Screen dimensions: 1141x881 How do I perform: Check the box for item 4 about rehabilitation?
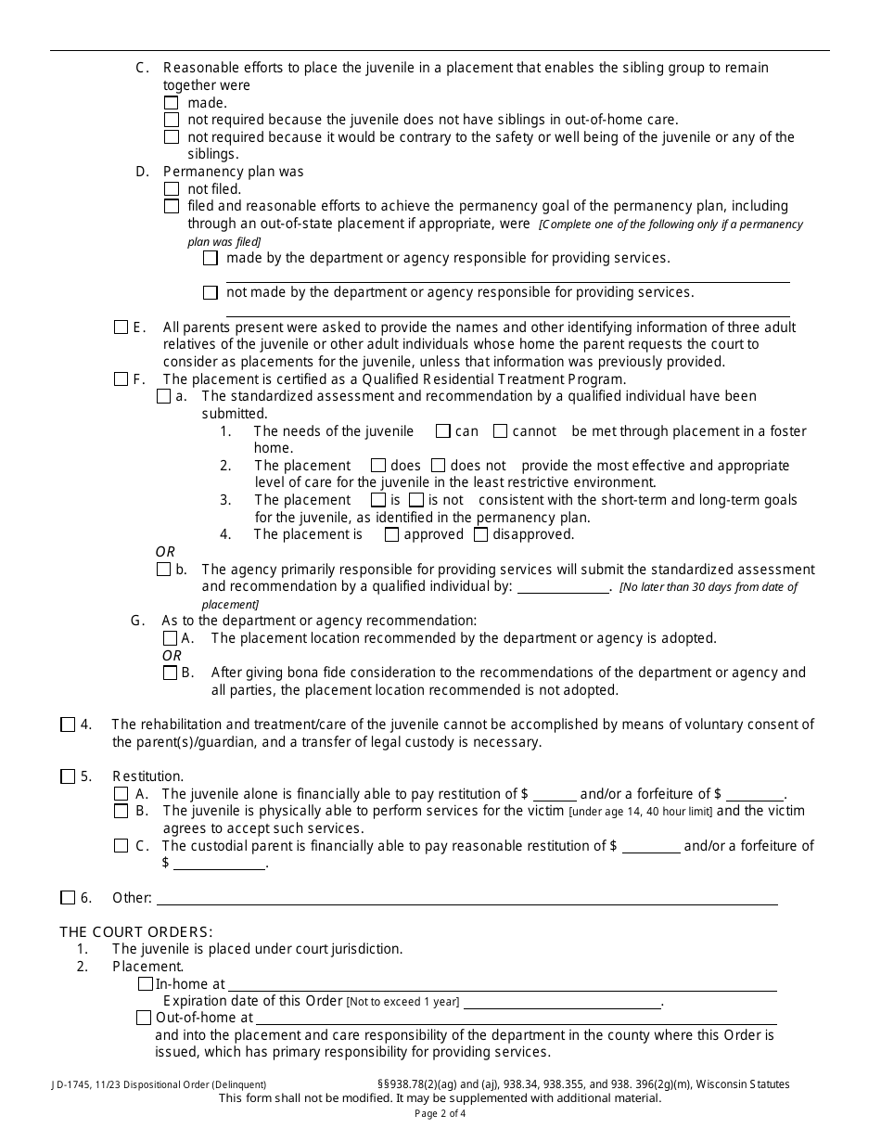tap(68, 725)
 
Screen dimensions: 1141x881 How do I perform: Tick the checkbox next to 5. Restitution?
tap(68, 776)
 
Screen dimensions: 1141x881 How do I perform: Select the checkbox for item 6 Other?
tap(68, 898)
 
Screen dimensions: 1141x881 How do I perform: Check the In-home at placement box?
tap(146, 984)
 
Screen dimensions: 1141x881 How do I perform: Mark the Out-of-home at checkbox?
tap(144, 1018)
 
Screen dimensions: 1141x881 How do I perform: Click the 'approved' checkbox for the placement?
tap(391, 534)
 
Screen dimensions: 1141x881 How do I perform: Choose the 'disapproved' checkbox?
tap(480, 534)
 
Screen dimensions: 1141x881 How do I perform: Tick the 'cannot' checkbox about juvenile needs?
tap(500, 431)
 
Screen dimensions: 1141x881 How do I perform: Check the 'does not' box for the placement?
tap(439, 466)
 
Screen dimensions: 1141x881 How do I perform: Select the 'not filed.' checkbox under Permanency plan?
tap(172, 189)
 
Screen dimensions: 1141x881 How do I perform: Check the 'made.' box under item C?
tap(172, 104)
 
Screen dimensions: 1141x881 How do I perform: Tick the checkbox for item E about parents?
tap(121, 327)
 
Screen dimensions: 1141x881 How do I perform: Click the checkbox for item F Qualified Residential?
tap(121, 379)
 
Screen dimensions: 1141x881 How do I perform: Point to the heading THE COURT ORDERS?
tap(136, 931)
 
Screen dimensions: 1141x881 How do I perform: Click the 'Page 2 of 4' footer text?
tap(440, 1114)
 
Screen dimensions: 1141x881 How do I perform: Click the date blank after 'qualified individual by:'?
tap(562, 588)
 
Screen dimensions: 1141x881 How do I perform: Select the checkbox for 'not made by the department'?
tap(211, 293)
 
